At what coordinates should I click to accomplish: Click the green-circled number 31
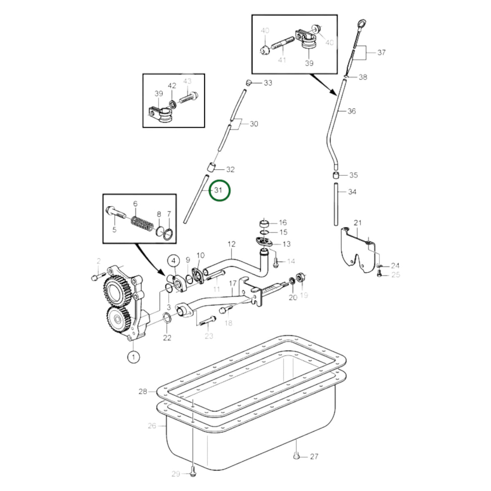click(219, 190)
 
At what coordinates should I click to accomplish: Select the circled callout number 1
click(133, 357)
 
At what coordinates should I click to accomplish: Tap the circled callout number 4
click(173, 261)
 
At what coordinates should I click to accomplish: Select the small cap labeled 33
click(249, 83)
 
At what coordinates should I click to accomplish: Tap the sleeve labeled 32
click(211, 167)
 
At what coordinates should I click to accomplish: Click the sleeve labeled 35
click(336, 175)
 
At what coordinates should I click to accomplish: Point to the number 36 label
click(351, 111)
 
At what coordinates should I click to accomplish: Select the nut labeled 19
click(300, 277)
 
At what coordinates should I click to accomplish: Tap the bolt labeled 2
click(98, 277)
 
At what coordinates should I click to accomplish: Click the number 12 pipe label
click(232, 244)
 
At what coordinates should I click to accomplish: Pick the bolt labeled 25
click(378, 275)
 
